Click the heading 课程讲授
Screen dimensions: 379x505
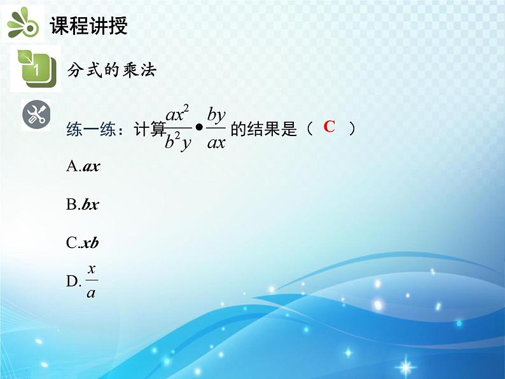88,25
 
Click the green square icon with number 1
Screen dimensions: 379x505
36,67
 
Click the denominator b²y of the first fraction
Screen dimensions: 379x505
177,143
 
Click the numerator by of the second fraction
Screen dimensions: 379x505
217,115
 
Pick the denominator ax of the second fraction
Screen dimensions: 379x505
217,143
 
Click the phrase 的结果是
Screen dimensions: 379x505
263,130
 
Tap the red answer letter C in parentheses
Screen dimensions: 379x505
329,127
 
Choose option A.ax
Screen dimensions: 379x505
83,167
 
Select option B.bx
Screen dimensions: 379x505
83,205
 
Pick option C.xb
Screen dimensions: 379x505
83,243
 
